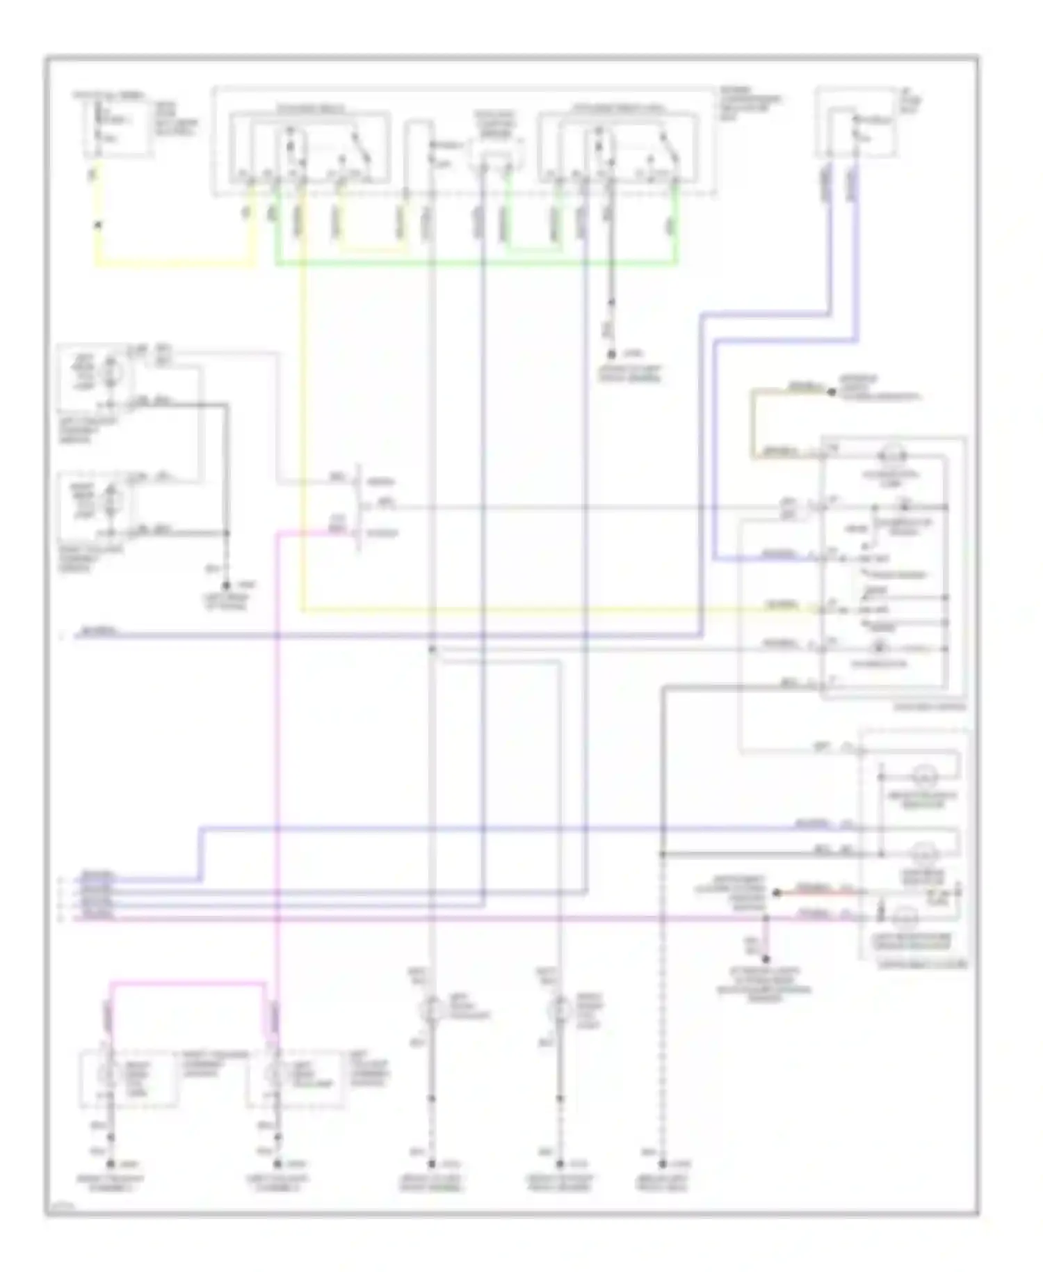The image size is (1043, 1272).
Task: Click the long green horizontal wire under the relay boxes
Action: [x=473, y=264]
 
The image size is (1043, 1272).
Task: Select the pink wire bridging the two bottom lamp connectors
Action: [x=188, y=983]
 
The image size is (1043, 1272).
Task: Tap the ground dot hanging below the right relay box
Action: [x=612, y=354]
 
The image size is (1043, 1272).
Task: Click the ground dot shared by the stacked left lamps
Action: [x=225, y=587]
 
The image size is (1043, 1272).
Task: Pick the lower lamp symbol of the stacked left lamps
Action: [x=111, y=500]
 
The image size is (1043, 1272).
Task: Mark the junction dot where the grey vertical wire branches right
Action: [x=432, y=649]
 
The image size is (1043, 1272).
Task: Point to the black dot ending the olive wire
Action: [x=831, y=392]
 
